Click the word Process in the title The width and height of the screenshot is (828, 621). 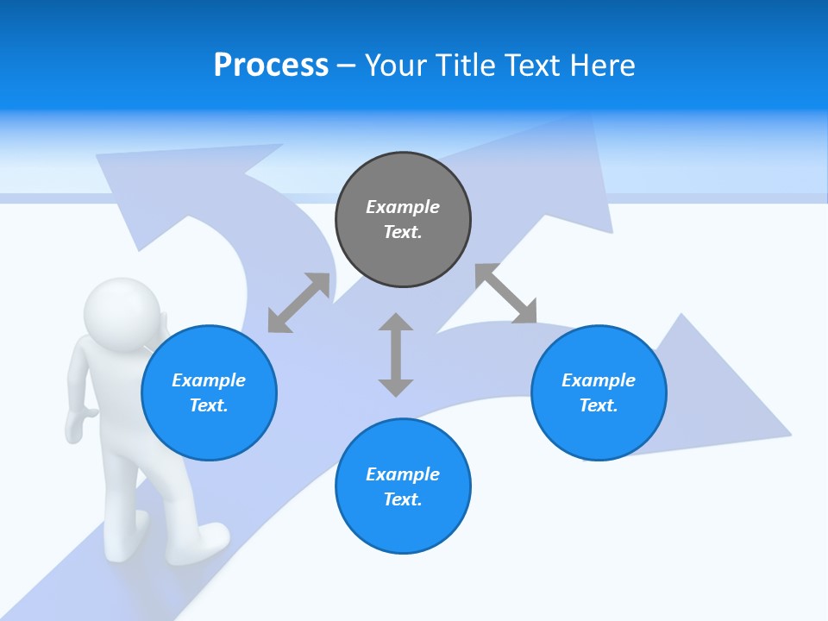pyautogui.click(x=271, y=66)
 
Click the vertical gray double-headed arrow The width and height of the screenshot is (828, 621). pyautogui.click(x=396, y=354)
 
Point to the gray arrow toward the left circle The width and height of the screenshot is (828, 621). pyautogui.click(x=298, y=303)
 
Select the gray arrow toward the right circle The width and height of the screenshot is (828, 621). pyautogui.click(x=506, y=293)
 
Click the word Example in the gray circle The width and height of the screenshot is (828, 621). pyautogui.click(x=403, y=207)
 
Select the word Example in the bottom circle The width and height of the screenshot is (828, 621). pyautogui.click(x=403, y=474)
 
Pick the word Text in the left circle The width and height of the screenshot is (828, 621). pyautogui.click(x=209, y=405)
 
